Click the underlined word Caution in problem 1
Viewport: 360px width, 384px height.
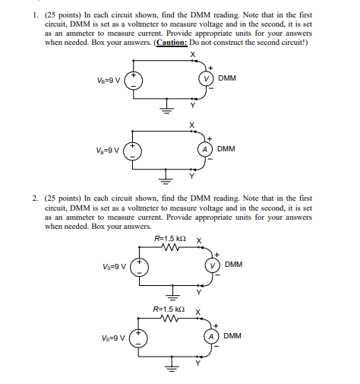[173, 43]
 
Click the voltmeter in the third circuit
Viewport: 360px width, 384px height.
[213, 265]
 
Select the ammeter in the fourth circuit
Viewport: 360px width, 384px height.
[213, 335]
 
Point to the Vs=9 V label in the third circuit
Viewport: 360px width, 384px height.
[115, 266]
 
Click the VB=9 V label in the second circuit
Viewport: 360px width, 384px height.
[109, 150]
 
